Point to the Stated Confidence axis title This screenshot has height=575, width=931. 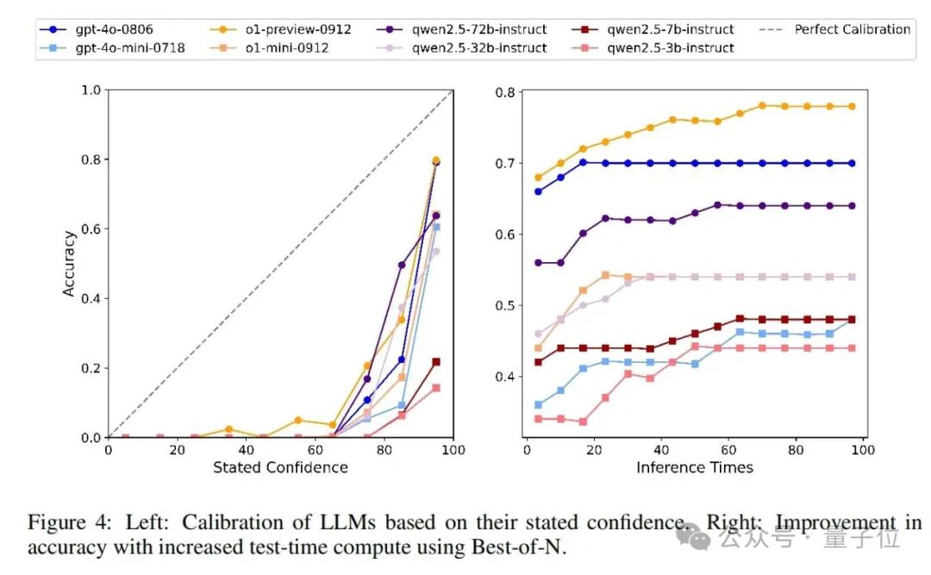280,467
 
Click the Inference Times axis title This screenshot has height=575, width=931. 694,467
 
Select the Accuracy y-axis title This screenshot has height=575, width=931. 69,263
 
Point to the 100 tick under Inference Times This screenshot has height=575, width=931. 863,449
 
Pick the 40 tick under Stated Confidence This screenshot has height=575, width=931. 246,449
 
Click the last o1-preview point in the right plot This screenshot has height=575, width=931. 852,106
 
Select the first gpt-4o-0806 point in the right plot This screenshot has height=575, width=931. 539,191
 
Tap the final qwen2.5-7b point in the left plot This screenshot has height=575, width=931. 435,362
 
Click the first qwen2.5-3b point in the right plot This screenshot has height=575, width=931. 539,419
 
